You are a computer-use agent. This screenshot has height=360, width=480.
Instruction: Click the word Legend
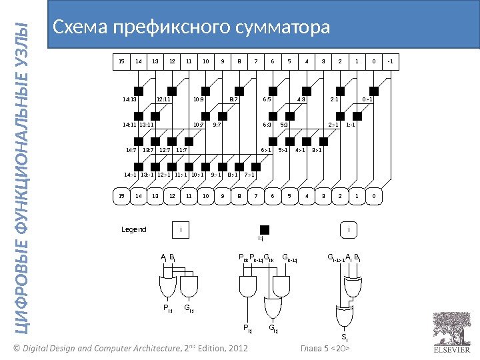[133, 230]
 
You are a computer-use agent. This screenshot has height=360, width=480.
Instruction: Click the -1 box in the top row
[390, 62]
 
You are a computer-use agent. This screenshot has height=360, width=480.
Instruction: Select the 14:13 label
[129, 101]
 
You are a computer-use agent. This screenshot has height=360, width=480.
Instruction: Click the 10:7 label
[198, 125]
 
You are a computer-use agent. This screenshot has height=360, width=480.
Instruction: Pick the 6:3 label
[267, 125]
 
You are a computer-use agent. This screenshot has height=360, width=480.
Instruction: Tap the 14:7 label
[131, 150]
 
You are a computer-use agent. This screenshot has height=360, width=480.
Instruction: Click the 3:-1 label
[317, 150]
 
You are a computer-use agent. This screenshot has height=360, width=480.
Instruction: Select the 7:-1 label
[249, 175]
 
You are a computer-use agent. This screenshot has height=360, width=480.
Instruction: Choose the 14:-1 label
[131, 175]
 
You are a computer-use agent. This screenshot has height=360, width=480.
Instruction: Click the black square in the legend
[264, 229]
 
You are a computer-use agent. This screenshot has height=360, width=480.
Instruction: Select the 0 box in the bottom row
[373, 197]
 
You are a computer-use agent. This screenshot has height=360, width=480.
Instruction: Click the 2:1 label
[335, 101]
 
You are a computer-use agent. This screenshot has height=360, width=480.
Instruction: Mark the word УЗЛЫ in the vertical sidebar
[24, 51]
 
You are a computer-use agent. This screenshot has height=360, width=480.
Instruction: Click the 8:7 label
[233, 101]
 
